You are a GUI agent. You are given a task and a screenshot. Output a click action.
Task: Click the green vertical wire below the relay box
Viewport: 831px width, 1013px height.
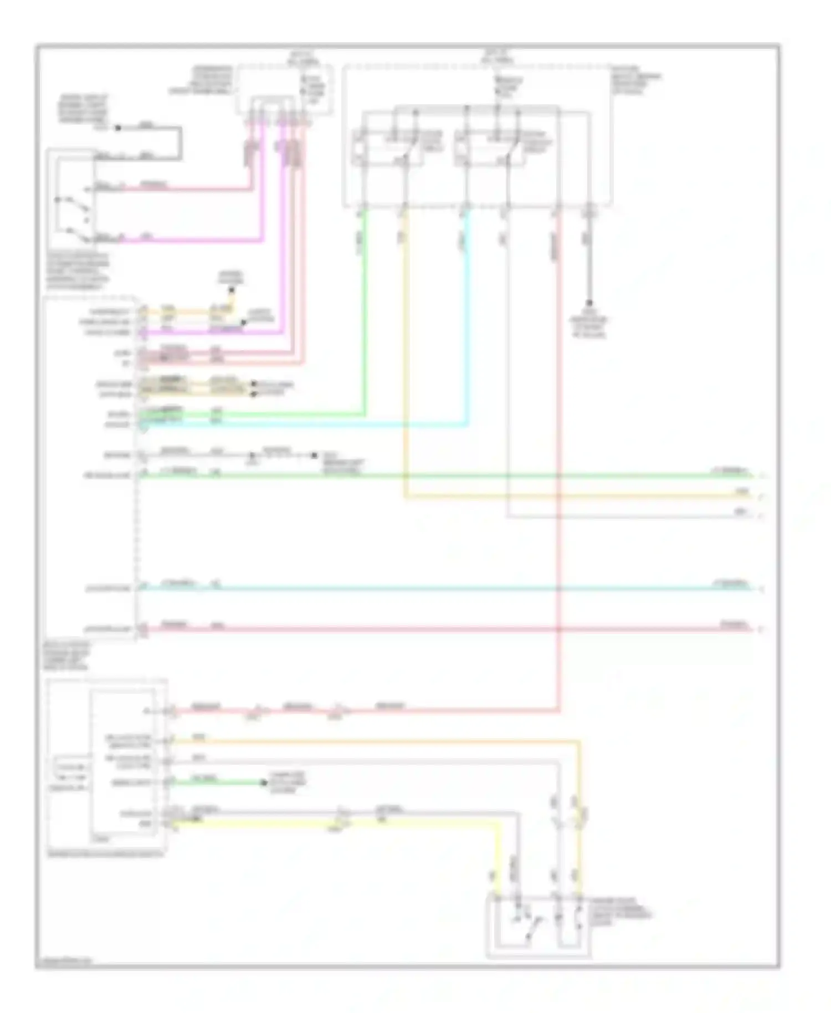[365, 310]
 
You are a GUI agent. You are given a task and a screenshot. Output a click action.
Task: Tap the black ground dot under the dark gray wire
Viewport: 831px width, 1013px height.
[589, 303]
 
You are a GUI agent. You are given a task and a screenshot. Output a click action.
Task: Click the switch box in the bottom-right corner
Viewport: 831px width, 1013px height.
[538, 925]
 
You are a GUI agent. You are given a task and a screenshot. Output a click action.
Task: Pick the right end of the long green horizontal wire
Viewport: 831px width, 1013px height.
[751, 475]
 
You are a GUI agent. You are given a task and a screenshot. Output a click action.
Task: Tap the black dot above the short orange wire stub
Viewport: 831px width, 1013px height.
[232, 289]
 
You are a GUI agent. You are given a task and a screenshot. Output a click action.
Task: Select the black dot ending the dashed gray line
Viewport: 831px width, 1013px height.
[314, 456]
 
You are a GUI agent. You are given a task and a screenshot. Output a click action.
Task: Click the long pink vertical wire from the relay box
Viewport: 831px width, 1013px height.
[558, 443]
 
